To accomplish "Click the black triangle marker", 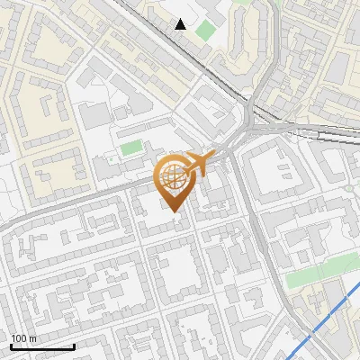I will [181, 24].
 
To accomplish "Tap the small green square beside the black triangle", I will [206, 30].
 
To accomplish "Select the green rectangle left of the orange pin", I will [131, 147].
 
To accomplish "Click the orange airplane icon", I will [199, 164].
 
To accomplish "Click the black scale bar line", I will [41, 346].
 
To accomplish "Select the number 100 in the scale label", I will [19, 338].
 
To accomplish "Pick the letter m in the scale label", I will [32, 339].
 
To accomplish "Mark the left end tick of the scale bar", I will [11, 344].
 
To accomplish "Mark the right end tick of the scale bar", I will [74, 344].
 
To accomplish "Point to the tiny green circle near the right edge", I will [347, 188].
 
